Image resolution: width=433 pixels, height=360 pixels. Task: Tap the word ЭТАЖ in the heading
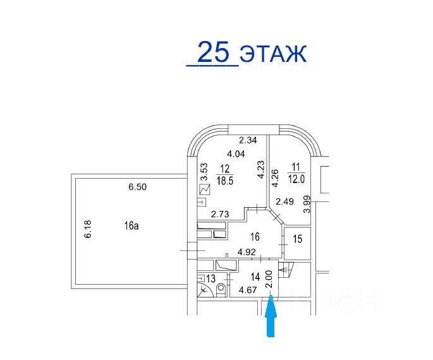pos(273,54)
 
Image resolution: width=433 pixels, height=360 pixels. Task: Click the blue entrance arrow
pos(271,318)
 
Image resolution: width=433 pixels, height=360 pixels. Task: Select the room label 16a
pos(131,225)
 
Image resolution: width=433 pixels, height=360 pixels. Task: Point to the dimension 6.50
pos(137,188)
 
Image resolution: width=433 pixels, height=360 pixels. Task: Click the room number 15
pos(298,239)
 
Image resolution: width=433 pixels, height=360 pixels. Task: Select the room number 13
pos(210,278)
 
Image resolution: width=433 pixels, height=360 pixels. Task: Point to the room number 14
pos(255,276)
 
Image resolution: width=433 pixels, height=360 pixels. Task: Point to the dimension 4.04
pos(236,153)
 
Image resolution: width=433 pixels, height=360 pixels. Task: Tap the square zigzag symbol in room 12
pos(204,189)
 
